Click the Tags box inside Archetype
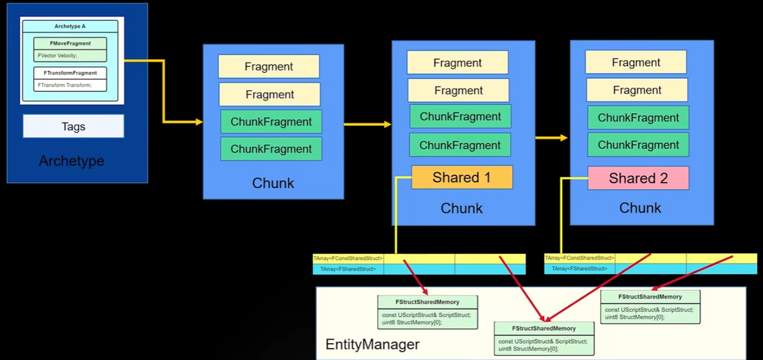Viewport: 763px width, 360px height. pos(73,126)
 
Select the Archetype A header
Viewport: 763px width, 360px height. pos(70,26)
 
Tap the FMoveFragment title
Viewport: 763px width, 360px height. pos(70,43)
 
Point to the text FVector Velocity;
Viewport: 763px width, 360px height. pos(57,56)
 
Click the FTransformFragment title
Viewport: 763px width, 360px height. pos(70,73)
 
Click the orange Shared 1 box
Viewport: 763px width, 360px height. pos(462,177)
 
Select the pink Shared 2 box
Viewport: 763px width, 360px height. pos(638,178)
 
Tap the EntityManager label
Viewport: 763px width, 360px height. pos(372,344)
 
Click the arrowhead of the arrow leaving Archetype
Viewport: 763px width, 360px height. pos(199,122)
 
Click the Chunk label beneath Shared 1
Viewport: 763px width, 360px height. pos(461,208)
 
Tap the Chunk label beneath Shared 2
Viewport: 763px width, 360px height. pos(640,208)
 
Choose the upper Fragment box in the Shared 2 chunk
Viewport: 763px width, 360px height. pos(636,62)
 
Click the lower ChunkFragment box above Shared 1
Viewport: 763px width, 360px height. pos(460,145)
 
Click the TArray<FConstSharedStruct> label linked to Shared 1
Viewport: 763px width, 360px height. pos(348,259)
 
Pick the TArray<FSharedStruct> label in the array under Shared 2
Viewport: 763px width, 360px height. pos(579,269)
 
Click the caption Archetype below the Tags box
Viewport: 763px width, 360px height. pos(71,161)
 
